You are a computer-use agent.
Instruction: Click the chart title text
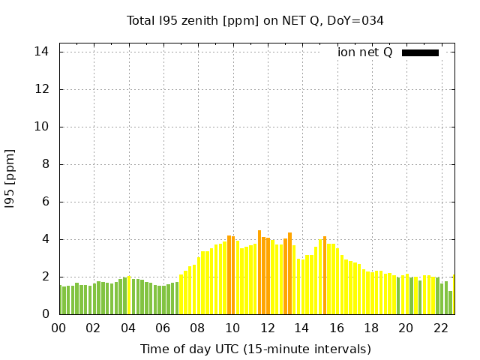[255, 21]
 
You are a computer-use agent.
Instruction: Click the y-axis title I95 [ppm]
[10, 179]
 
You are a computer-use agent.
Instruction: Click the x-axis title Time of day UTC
[255, 349]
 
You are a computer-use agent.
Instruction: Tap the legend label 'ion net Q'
[364, 52]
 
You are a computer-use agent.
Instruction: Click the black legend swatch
[420, 52]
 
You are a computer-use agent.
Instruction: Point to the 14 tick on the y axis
[42, 52]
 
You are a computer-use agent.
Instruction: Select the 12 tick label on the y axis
[42, 89]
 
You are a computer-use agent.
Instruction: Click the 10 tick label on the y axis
[42, 127]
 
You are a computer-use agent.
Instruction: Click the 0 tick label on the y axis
[45, 314]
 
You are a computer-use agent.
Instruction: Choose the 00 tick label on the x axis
[58, 328]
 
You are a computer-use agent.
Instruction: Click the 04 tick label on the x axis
[128, 328]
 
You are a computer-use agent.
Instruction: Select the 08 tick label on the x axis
[197, 328]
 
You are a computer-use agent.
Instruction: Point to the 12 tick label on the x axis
[267, 328]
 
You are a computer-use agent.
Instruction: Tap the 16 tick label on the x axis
[336, 328]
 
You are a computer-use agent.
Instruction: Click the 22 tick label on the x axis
[440, 328]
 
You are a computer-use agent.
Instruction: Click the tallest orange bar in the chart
[259, 273]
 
